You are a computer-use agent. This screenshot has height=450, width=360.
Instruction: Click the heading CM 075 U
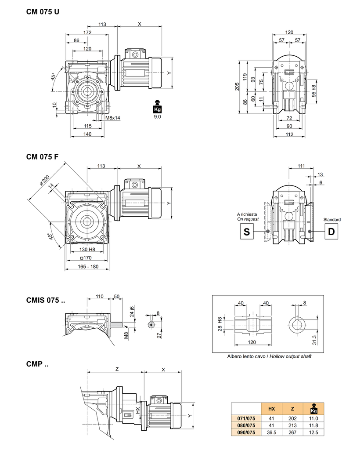43,11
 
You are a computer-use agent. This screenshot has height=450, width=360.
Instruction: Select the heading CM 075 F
42,156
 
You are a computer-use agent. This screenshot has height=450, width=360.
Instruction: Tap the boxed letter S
247,231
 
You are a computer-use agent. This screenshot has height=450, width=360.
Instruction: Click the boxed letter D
331,231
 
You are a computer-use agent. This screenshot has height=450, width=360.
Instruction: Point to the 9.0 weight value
157,117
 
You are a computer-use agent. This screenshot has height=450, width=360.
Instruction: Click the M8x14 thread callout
113,117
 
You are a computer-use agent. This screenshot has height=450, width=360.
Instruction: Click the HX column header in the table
271,409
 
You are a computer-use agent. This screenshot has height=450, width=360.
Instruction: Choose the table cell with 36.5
271,432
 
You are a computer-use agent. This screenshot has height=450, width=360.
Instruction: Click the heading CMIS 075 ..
45,301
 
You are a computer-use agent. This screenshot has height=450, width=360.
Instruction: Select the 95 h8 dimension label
314,91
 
